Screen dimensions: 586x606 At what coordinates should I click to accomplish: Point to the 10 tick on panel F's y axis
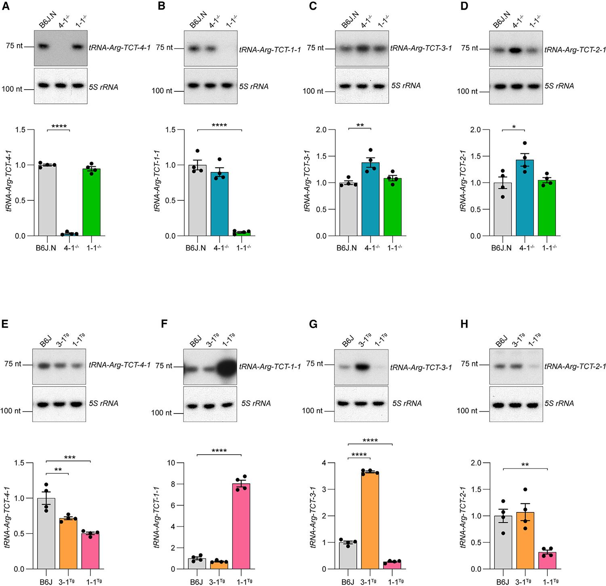coord(177,463)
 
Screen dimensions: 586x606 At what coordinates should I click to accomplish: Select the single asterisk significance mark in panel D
coord(513,127)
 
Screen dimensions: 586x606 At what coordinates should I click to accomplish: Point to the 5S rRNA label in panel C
coord(406,86)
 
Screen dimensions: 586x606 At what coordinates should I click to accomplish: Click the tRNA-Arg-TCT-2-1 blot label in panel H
coord(575,367)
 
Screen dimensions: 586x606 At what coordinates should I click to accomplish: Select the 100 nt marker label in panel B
coord(162,91)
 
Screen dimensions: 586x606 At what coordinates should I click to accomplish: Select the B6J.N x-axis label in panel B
coord(196,248)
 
